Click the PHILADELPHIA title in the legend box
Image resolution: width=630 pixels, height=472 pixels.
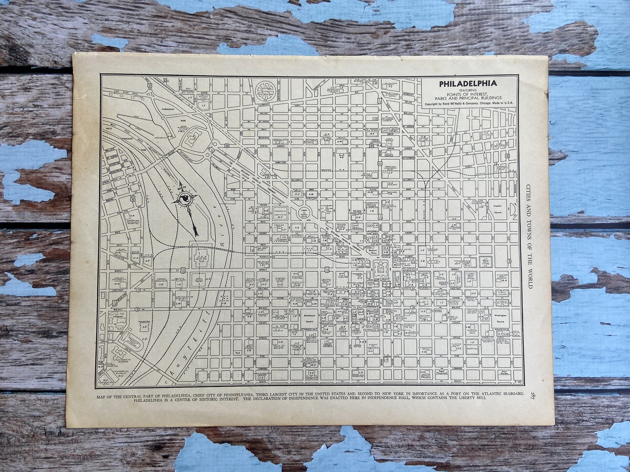pyautogui.click(x=468, y=84)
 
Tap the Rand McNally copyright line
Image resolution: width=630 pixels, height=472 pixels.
pyautogui.click(x=468, y=104)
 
